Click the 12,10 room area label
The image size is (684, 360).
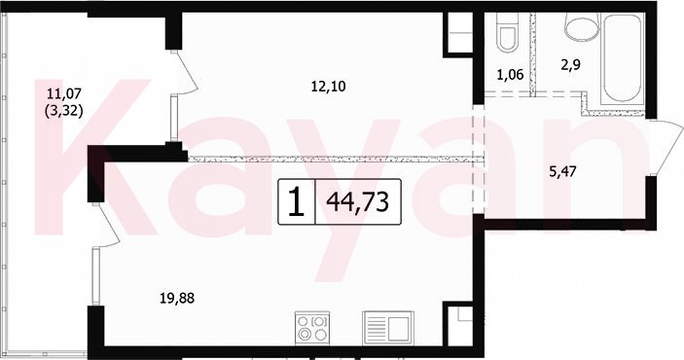(328, 87)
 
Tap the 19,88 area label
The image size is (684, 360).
(177, 299)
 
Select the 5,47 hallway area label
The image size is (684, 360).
(562, 171)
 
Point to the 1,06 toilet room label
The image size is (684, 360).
(510, 75)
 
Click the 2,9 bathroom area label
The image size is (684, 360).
(570, 65)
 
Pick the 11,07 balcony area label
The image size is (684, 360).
(63, 93)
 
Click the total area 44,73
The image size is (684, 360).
(358, 202)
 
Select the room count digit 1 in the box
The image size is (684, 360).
(297, 201)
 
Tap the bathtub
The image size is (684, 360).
(623, 59)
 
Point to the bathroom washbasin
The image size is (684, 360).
(582, 25)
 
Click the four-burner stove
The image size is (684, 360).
(312, 328)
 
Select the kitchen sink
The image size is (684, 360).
(387, 328)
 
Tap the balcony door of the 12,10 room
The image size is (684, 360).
(186, 72)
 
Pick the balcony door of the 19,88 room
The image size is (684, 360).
(106, 225)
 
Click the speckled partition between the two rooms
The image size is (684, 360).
(336, 160)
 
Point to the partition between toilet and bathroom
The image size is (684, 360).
(532, 54)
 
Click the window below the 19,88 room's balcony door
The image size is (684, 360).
(96, 276)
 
